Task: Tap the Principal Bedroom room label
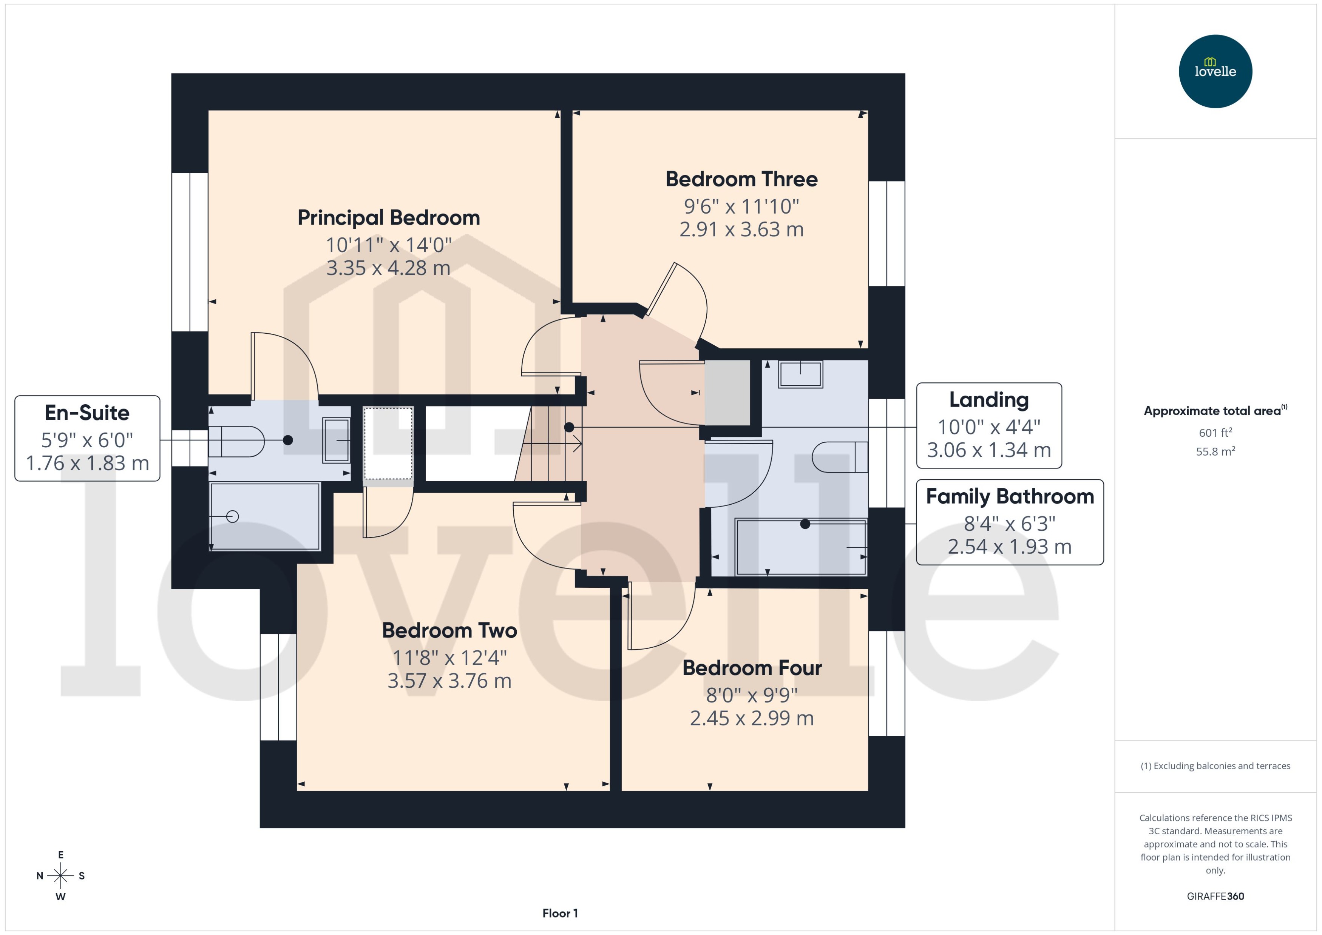388,218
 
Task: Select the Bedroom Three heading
741,179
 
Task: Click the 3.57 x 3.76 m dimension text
449,681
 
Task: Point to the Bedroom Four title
752,668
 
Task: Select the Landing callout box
988,425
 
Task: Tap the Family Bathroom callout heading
1009,496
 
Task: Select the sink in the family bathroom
800,374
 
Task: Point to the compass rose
60,876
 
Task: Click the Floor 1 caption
560,913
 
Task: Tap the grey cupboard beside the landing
727,392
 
